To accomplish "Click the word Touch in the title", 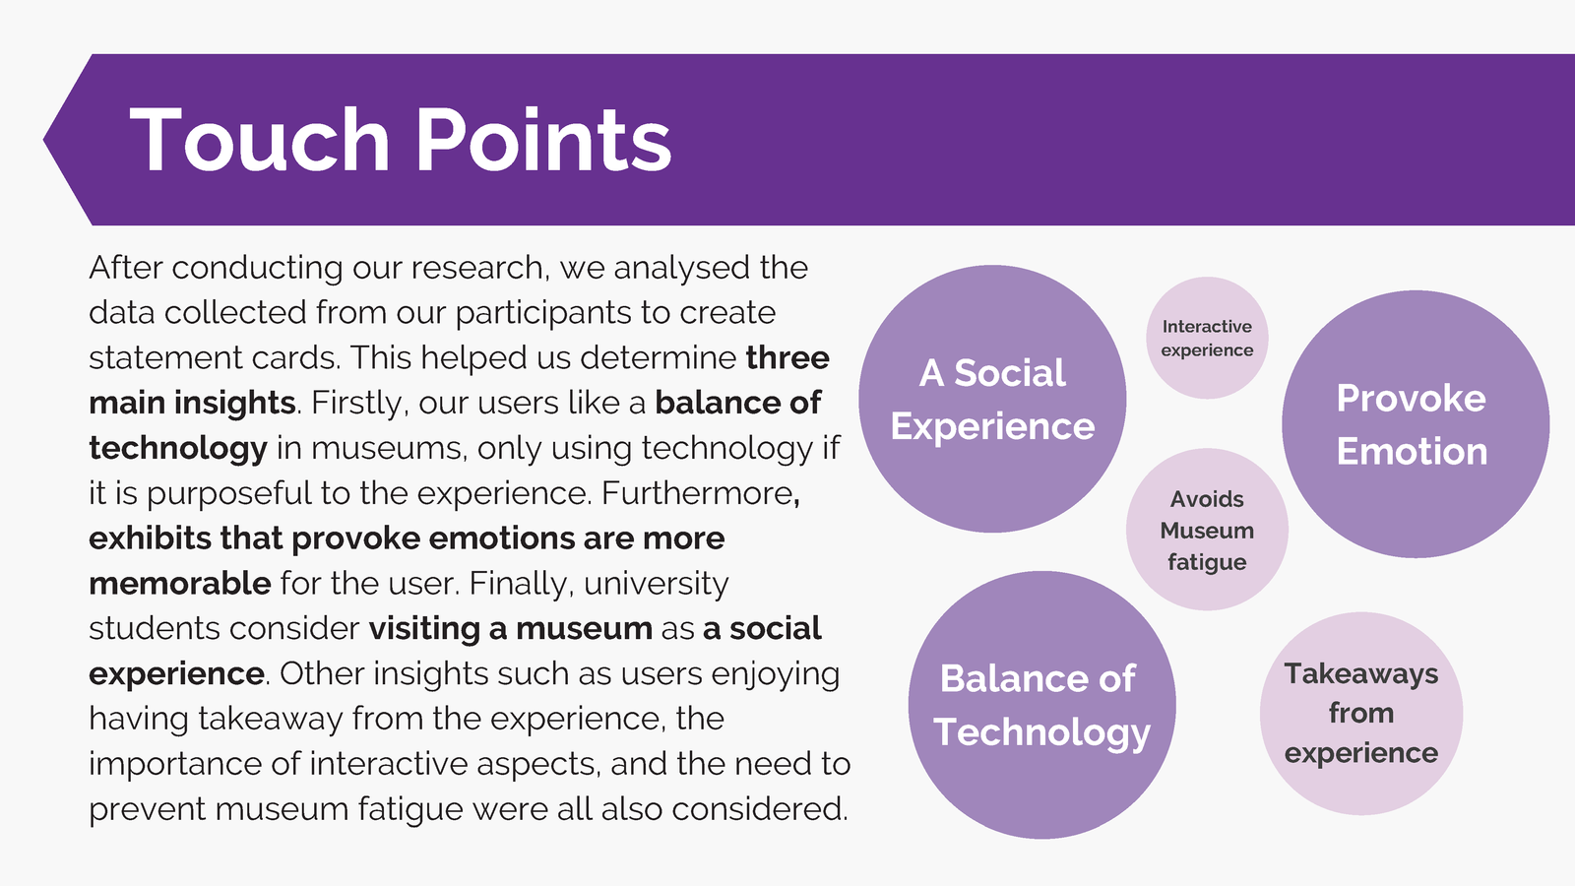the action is click(260, 139).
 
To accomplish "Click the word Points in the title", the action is click(544, 139).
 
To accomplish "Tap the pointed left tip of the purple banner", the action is click(43, 139).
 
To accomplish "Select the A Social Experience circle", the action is click(992, 399).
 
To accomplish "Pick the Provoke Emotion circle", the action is click(1416, 424).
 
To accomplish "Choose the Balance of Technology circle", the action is click(1042, 705).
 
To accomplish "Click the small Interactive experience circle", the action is click(1207, 338).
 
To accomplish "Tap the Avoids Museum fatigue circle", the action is click(1207, 530).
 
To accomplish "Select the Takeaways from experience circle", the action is click(1361, 714).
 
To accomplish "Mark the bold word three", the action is click(787, 358).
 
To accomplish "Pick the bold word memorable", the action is click(180, 584).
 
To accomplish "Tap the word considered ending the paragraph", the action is click(759, 809).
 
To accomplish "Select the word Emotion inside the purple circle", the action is click(1412, 451).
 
